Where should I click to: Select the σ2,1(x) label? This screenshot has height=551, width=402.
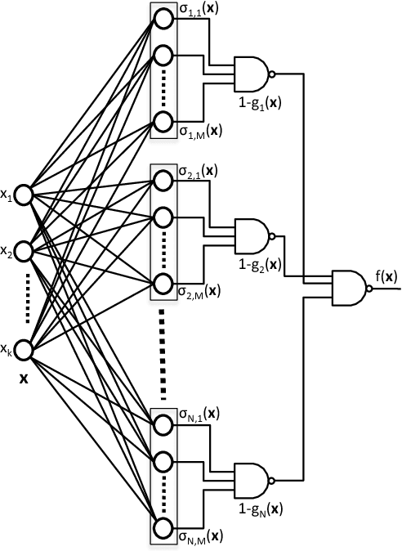point(199,172)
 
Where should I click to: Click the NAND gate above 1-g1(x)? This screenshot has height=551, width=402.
point(252,74)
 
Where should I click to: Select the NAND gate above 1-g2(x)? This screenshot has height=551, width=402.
point(252,235)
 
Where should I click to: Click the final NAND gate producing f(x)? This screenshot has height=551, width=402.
point(349,288)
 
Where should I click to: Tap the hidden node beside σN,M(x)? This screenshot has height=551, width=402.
point(163,527)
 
